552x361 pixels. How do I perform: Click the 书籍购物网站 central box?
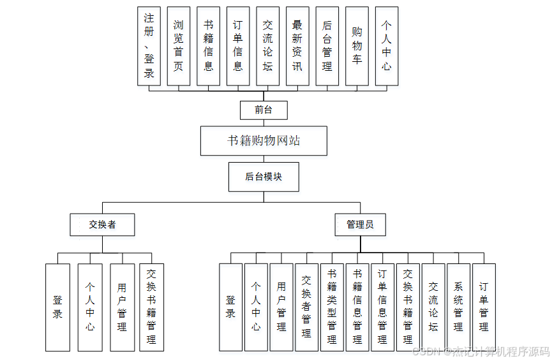coord(264,141)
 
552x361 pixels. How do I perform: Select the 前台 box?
coord(264,110)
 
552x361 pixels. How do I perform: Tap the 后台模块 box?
coord(264,177)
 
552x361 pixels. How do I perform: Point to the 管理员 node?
coord(360,225)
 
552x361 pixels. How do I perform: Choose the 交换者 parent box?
coord(102,225)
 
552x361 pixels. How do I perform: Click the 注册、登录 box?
coord(149,46)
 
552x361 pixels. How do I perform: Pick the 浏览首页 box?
coord(179,46)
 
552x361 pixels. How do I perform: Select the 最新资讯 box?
coord(297,46)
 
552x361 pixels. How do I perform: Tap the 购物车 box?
coord(357,46)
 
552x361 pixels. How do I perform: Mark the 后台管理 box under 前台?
coord(327,46)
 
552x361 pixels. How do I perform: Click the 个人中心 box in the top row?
coord(387,46)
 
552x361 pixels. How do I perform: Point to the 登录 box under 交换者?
coord(57,307)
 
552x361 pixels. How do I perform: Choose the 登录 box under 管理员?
coord(230,307)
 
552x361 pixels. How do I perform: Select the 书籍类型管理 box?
coord(332,307)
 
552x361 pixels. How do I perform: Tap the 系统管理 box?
coord(458,307)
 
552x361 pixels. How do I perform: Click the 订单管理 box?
coord(484,307)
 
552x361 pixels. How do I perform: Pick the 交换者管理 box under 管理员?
coord(306,307)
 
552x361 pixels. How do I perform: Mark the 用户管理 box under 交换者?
coord(122,307)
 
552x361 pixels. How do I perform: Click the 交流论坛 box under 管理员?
coord(433,307)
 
